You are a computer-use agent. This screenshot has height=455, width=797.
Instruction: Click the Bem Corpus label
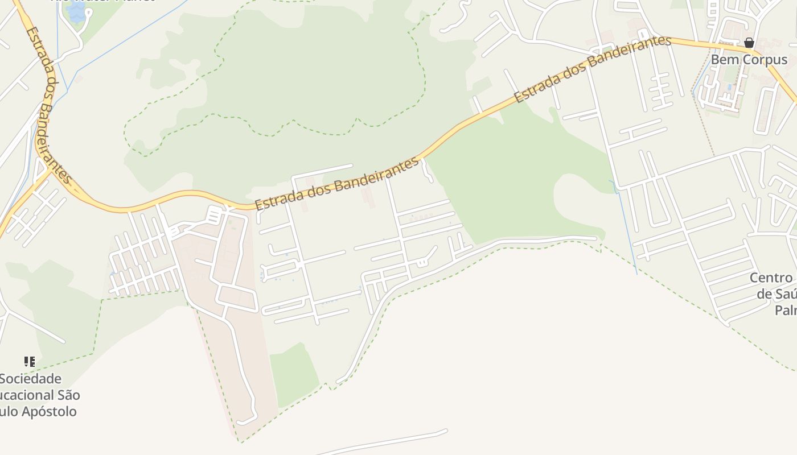coord(749,60)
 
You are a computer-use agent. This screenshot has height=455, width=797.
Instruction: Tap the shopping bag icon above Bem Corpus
coord(749,43)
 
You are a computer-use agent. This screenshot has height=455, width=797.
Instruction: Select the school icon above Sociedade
coord(30,362)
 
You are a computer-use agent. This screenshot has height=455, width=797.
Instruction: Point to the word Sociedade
coord(30,379)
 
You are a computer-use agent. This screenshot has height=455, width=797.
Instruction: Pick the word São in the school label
coord(68,395)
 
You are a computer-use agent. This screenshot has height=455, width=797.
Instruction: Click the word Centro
coord(771,278)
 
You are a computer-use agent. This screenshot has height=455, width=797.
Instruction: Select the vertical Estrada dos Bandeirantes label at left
coord(48,105)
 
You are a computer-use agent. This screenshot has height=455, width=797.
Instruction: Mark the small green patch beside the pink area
coord(293,373)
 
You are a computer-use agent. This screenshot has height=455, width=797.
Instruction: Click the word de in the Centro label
coord(763,294)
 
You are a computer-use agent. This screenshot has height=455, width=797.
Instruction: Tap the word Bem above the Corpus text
coord(722,60)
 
